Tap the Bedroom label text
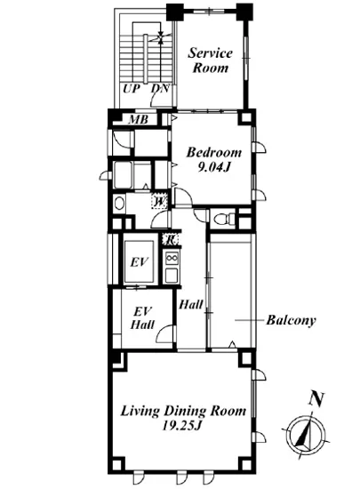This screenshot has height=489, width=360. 212,152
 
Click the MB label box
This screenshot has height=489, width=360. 140,119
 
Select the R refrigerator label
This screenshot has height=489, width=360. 171,238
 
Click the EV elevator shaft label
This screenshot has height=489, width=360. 139,262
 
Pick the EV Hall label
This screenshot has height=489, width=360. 140,318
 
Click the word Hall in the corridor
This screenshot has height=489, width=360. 190,305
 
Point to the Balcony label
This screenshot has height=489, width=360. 292,319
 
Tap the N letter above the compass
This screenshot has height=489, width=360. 313,400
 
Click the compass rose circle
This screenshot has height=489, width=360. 303,435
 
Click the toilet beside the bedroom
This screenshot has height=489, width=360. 228,218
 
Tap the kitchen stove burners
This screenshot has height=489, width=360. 172,263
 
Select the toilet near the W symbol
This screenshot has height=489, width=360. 120,204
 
